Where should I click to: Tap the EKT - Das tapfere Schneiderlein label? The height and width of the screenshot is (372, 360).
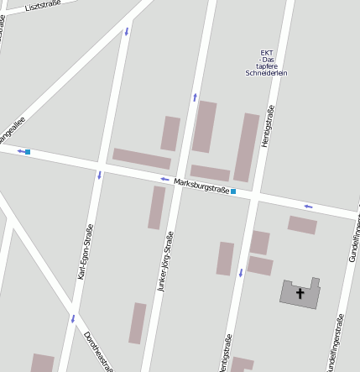[x=267, y=63]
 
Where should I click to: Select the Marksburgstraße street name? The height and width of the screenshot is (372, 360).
[x=201, y=186]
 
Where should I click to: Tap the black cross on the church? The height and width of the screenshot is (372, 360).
[x=300, y=293]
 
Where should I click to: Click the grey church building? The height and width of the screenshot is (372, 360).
[x=300, y=293]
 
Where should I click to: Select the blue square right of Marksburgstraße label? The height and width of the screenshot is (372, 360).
[x=233, y=192]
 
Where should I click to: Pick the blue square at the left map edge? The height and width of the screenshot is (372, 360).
[x=28, y=152]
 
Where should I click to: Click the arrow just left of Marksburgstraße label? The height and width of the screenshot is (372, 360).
[x=164, y=180]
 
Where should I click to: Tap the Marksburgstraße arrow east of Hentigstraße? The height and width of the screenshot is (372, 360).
[x=308, y=206]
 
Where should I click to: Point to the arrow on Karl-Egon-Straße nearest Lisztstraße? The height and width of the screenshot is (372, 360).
[x=127, y=32]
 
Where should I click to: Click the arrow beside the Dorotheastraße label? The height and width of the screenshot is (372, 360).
[x=73, y=318]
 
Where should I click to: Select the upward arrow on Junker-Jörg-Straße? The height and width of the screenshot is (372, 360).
[x=195, y=97]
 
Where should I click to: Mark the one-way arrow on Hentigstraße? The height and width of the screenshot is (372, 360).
[x=240, y=272]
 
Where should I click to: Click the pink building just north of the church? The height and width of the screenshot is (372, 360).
[x=302, y=225]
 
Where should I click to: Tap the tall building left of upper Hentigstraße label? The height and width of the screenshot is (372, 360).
[x=246, y=147]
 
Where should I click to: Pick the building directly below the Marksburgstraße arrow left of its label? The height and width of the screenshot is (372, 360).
[x=157, y=207]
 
